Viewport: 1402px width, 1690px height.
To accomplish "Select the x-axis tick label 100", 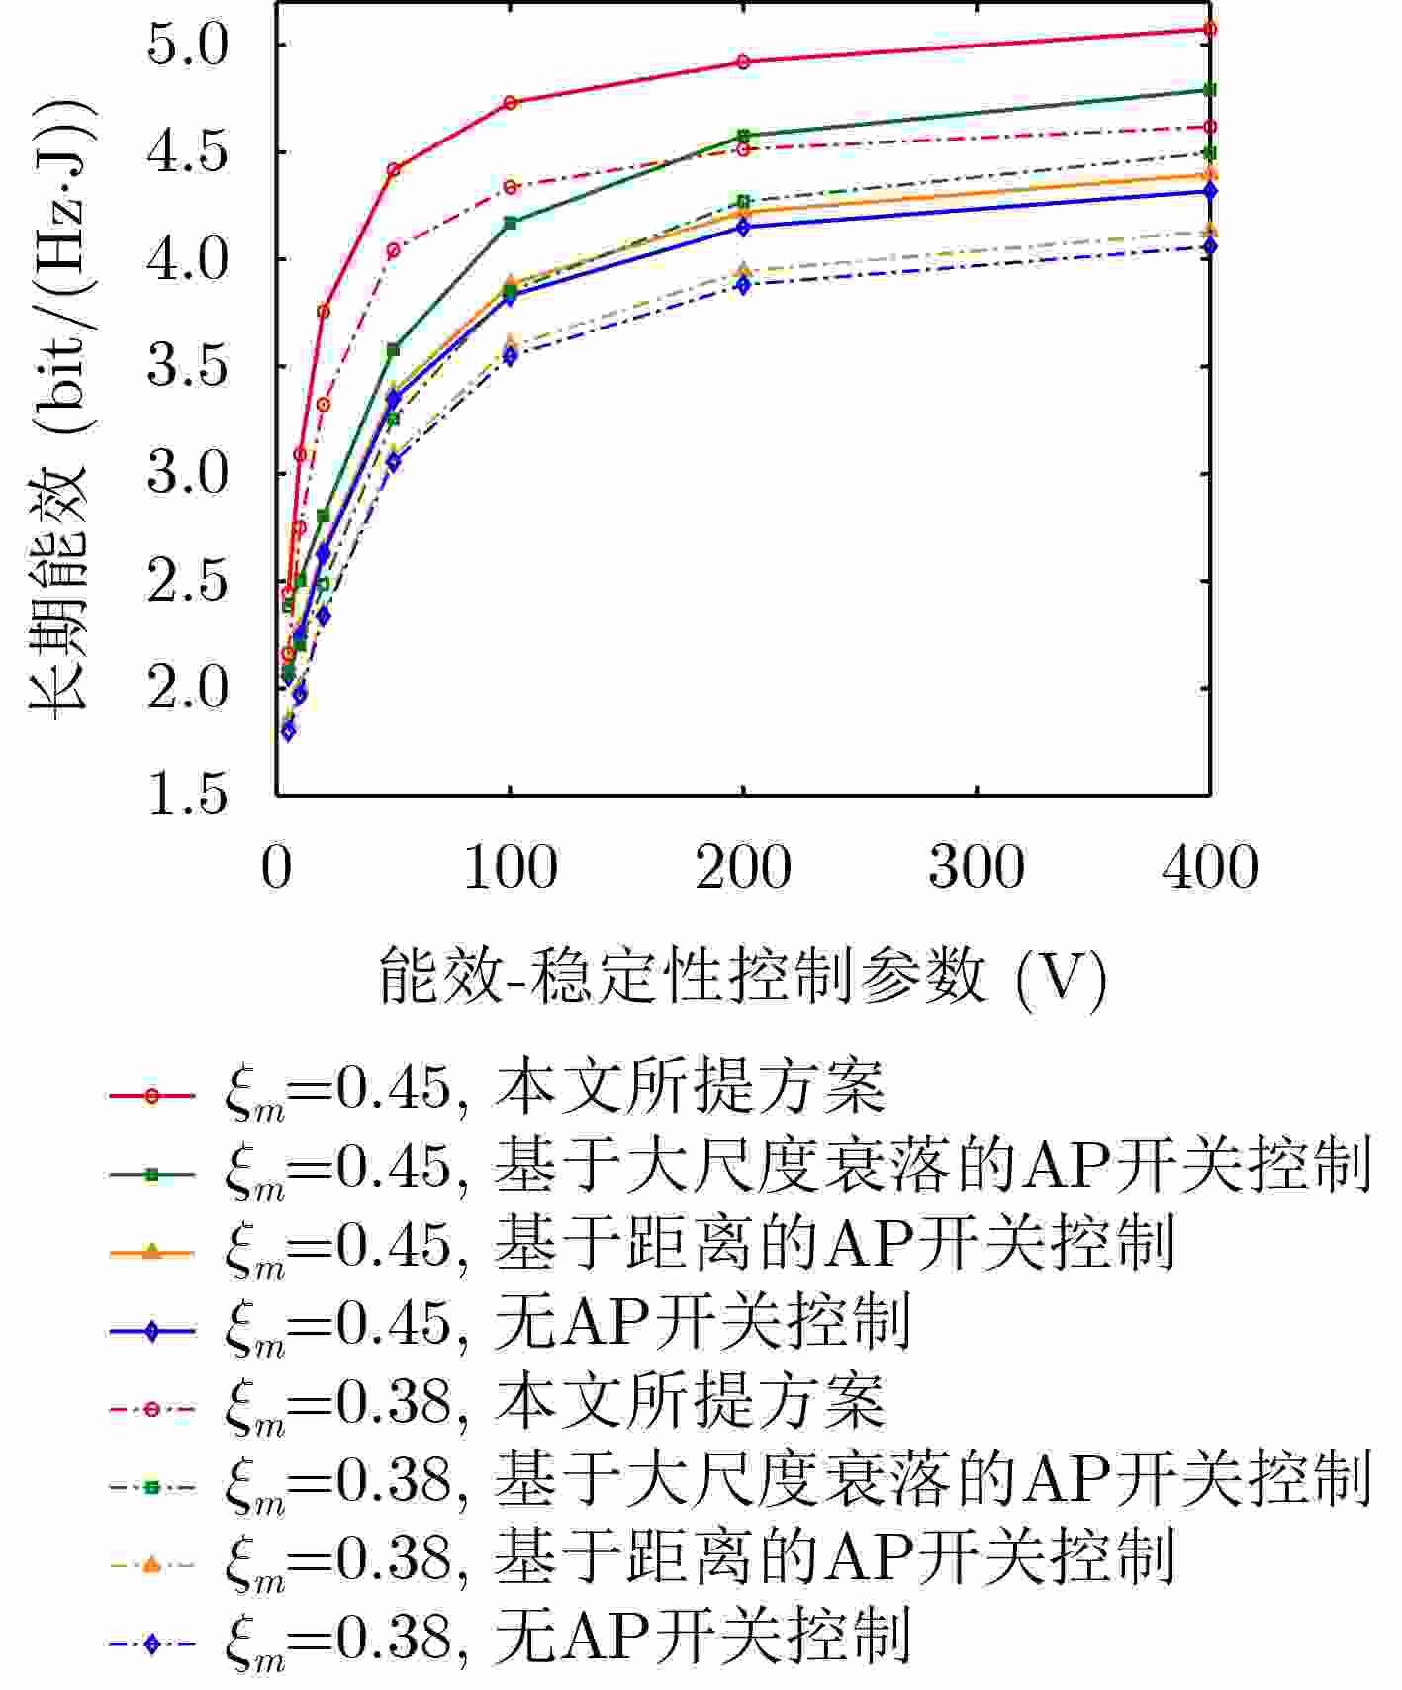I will click(x=511, y=868).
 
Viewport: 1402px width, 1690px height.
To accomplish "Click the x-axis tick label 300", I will click(x=977, y=868).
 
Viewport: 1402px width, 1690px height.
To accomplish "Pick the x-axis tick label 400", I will click(x=1209, y=868).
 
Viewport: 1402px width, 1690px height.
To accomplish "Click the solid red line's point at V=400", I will click(x=1209, y=29).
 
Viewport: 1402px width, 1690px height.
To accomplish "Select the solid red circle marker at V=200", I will click(x=743, y=62).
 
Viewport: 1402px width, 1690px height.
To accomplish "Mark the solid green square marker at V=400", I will click(x=1209, y=90).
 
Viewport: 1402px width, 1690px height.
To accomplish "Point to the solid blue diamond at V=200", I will click(x=743, y=228).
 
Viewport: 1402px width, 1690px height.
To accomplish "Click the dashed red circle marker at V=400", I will click(x=1209, y=127).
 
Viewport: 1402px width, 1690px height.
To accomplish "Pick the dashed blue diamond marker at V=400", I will click(x=1209, y=246).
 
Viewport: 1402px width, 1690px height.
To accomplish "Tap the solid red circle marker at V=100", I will click(x=511, y=103).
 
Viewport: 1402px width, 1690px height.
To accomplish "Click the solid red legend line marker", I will click(x=151, y=1096).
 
